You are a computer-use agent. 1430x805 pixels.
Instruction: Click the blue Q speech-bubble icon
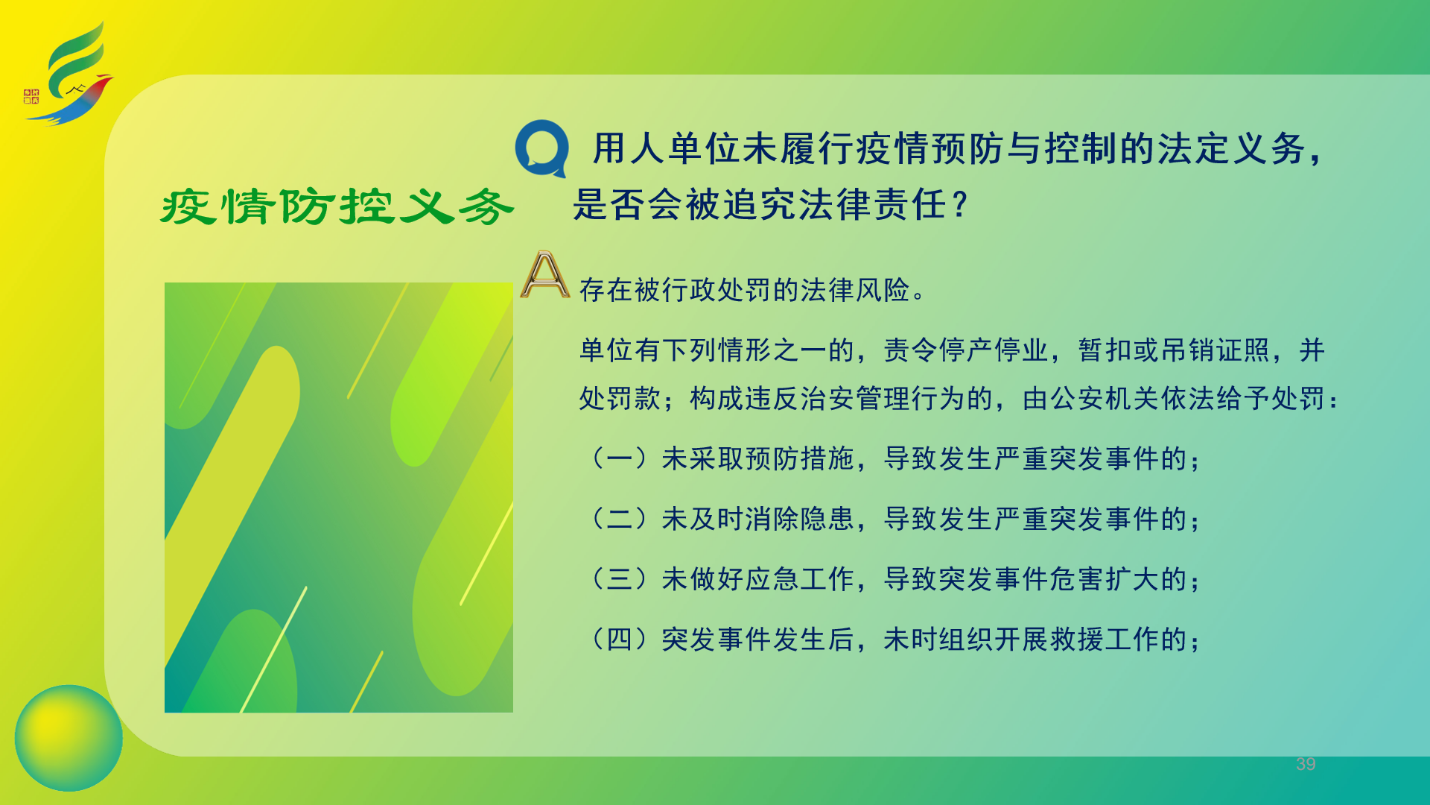pyautogui.click(x=541, y=148)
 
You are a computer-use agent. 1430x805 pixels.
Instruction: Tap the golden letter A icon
pyautogui.click(x=545, y=274)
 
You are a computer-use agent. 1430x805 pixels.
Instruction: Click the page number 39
pyautogui.click(x=1306, y=764)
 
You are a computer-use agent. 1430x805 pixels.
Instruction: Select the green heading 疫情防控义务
pyautogui.click(x=337, y=206)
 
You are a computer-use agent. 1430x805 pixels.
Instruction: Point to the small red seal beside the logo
pyautogui.click(x=31, y=96)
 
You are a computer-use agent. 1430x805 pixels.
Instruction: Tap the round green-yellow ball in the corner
pyautogui.click(x=69, y=738)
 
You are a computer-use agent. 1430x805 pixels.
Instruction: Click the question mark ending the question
pyautogui.click(x=960, y=204)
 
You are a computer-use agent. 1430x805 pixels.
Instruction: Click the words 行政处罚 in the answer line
pyautogui.click(x=716, y=289)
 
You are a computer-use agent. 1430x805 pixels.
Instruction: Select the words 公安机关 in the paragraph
pyautogui.click(x=1105, y=399)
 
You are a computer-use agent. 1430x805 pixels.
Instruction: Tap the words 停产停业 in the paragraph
pyautogui.click(x=994, y=350)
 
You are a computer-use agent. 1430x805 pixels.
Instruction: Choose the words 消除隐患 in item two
pyautogui.click(x=799, y=519)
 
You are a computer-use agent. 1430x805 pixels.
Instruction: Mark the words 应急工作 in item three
pyautogui.click(x=799, y=579)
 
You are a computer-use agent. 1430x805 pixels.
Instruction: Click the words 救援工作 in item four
pyautogui.click(x=1132, y=640)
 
